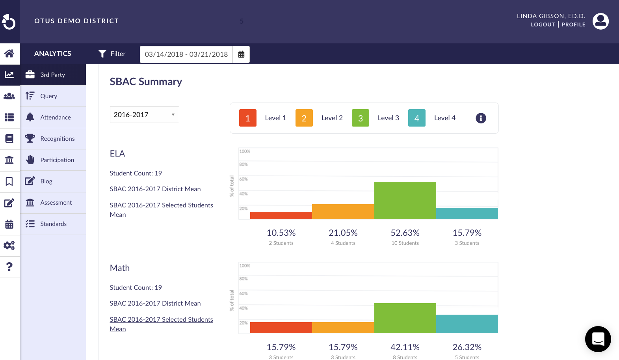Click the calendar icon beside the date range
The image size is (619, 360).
(x=241, y=54)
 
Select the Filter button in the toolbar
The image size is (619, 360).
(x=112, y=54)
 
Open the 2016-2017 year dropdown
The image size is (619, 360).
(x=144, y=115)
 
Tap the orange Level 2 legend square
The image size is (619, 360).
(x=304, y=118)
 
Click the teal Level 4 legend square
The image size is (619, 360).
(x=416, y=118)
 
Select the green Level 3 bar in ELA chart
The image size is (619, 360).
(x=405, y=200)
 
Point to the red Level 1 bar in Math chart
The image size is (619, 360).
(x=281, y=328)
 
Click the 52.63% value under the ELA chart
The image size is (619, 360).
(x=405, y=233)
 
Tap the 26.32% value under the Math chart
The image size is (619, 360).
(x=467, y=347)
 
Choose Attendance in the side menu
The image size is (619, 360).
(x=55, y=118)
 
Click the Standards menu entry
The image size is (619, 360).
(x=53, y=224)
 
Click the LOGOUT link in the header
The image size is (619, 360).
(x=543, y=24)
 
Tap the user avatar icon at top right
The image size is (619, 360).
(x=600, y=21)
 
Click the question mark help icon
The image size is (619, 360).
(x=9, y=267)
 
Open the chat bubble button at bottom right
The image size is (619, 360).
(x=598, y=339)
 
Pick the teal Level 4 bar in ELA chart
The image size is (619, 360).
(x=467, y=213)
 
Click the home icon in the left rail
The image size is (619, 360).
(x=9, y=53)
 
